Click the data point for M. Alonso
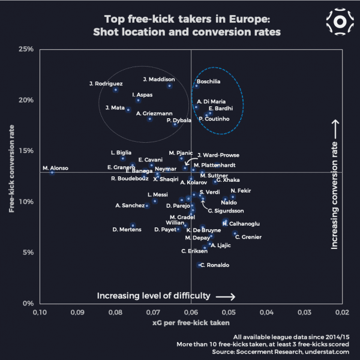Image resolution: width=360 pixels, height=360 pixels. [52, 172]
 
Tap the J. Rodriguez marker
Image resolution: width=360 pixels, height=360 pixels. [115, 89]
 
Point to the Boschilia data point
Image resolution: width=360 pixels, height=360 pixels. [196, 86]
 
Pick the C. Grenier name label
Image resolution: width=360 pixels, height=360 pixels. [248, 237]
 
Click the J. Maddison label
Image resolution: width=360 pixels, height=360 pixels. [159, 79]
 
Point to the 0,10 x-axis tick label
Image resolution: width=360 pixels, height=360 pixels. [40, 313]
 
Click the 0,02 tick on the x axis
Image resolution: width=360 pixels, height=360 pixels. [342, 313]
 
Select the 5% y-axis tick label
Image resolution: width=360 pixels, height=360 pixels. [28, 253]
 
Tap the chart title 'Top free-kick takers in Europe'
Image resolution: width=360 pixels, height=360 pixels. [191, 19]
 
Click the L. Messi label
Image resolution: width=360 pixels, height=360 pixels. [157, 195]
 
